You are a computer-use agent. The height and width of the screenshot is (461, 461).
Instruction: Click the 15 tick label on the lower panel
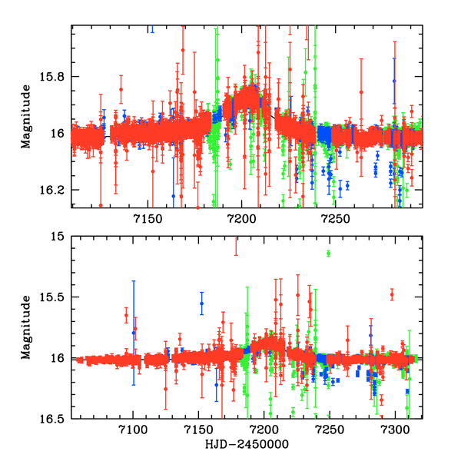pyautogui.click(x=60, y=237)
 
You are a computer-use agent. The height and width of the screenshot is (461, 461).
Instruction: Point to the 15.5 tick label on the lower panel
pyautogui.click(x=54, y=297)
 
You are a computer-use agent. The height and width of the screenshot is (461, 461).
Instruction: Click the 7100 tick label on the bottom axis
pyautogui.click(x=134, y=432)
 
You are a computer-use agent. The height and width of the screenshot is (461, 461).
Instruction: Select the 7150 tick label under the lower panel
pyautogui.click(x=199, y=432)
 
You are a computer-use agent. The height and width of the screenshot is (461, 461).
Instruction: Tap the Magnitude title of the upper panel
pyautogui.click(x=26, y=116)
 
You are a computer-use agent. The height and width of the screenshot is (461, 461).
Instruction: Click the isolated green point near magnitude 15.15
pyautogui.click(x=328, y=254)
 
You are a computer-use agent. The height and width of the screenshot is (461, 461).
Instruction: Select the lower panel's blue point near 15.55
pyautogui.click(x=202, y=303)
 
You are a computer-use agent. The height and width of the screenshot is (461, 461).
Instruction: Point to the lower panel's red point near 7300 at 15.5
pyautogui.click(x=392, y=294)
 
